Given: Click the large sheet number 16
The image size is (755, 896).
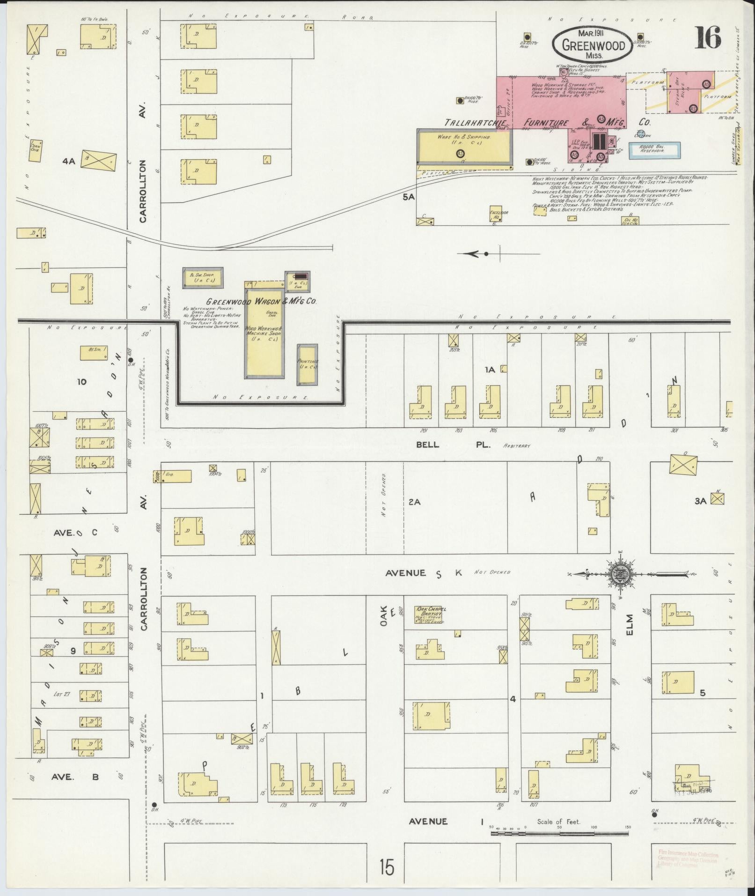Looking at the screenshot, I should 707,37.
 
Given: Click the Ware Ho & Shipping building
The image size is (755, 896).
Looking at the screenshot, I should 464,147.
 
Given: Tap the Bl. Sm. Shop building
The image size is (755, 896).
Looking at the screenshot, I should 203,277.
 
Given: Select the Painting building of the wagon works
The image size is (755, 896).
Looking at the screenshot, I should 307,364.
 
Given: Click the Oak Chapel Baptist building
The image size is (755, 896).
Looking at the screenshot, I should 428,615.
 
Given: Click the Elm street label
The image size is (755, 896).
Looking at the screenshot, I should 630,625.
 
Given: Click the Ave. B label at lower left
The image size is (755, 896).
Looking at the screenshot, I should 75,777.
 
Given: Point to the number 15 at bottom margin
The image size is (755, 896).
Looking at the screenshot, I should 387,867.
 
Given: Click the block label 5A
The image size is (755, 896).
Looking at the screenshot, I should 409,197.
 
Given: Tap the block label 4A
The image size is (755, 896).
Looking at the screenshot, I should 69,161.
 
